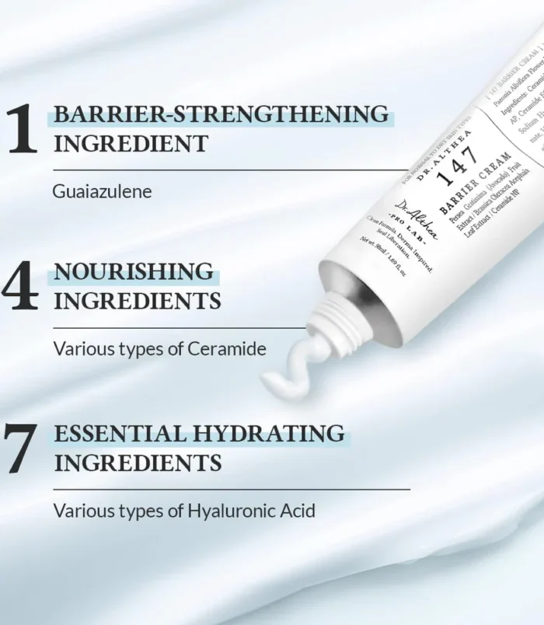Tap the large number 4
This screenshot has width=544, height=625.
pyautogui.click(x=21, y=288)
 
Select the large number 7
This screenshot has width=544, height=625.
pyautogui.click(x=22, y=449)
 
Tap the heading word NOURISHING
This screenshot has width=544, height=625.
pyautogui.click(x=133, y=272)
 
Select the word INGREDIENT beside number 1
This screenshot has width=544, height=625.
pyautogui.click(x=130, y=144)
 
